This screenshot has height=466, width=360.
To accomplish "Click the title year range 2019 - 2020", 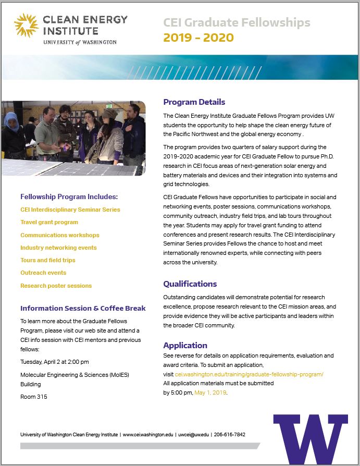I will coord(198,38).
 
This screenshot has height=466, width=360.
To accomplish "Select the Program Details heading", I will coord(194,102).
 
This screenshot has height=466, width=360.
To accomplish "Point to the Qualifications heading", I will coord(190,284).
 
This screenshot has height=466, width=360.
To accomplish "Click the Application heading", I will coord(185,346).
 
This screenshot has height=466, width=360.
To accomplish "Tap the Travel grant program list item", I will coord(49,223).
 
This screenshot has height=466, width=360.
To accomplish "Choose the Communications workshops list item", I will coord(59,235).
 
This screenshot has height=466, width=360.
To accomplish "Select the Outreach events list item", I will coord(43,273).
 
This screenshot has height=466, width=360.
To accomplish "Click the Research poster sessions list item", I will coord(56,286).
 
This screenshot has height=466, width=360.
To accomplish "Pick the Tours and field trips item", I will coord(48,260).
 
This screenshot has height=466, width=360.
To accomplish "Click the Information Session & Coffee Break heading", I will coord(83,308).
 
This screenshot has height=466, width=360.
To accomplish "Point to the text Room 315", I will coord(34,397).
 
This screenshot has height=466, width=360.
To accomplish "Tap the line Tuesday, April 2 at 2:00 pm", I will coord(54,362).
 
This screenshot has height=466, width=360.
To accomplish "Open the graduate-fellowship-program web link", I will coord(249,374).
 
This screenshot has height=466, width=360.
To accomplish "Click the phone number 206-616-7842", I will coord(229,434).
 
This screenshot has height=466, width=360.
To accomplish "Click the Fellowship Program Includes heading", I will coord(69,197).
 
